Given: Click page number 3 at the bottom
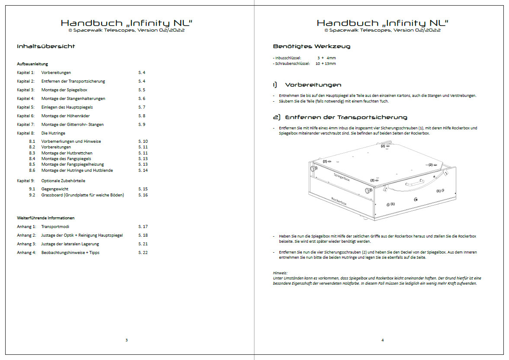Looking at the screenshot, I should click(x=126, y=340).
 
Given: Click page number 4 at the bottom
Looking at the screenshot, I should click(x=382, y=340).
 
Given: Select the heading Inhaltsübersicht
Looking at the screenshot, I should click(x=46, y=46).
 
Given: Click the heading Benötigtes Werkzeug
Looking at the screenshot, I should click(x=311, y=46).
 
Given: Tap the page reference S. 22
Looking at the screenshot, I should click(x=143, y=253).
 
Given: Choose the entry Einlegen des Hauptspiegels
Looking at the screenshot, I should click(x=67, y=107).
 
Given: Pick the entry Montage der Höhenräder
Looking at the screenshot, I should click(x=63, y=116).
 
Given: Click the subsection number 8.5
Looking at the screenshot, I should click(x=32, y=164).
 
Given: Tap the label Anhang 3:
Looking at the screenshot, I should click(x=26, y=244).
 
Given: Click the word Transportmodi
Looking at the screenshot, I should click(x=55, y=227).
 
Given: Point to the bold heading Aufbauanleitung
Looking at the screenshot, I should click(x=32, y=64).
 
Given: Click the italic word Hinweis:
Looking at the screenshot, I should click(x=280, y=273).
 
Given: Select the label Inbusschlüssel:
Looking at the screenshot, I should click(x=287, y=58).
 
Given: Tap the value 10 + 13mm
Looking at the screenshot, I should click(x=326, y=64).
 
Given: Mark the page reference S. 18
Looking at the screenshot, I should click(x=143, y=235).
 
